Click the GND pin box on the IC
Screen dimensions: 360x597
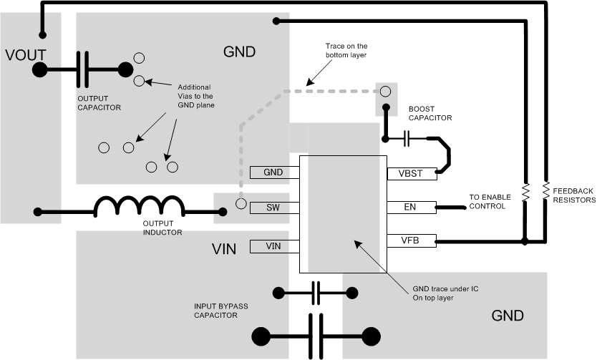[274, 172]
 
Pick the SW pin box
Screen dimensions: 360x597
[274, 207]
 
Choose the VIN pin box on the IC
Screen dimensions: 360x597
[274, 246]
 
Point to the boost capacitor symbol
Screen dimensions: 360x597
[407, 137]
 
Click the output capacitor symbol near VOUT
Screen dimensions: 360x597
[85, 69]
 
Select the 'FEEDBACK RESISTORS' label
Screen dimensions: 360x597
[572, 195]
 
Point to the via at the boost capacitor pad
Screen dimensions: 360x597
[385, 91]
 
